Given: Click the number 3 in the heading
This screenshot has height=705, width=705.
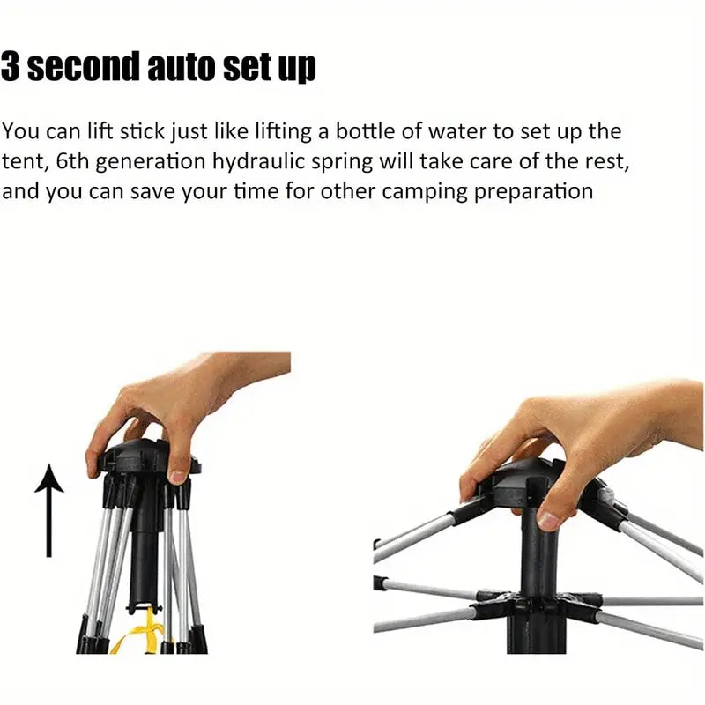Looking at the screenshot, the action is coord(10,67).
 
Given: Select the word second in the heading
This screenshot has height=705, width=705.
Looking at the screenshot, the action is coord(83,67).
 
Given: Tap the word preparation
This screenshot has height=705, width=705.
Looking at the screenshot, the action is coord(534,192).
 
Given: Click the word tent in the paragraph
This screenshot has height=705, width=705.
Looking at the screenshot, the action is coord(24,162).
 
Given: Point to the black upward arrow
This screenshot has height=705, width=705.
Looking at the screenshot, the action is coord(49,511).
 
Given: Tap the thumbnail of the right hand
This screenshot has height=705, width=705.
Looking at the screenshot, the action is coord(549,520).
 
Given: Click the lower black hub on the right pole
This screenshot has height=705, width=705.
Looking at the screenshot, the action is coord(538,605).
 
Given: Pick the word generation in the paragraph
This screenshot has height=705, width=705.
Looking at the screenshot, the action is coord(151,162).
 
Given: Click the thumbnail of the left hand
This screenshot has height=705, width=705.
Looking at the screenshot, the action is coord(177,478).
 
